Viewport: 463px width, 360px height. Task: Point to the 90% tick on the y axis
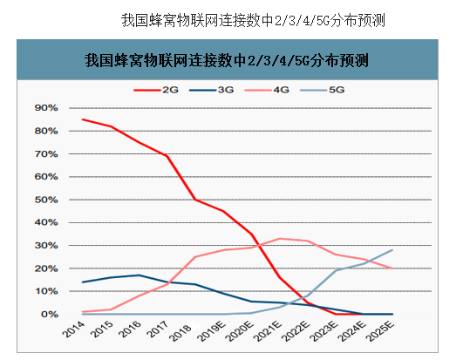tap(45, 108)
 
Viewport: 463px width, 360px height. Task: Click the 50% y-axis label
tap(45, 200)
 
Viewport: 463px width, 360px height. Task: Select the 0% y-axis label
tap(48, 314)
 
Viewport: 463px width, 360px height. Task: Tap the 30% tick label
tap(45, 246)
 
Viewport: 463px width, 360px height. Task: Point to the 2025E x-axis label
tap(385, 334)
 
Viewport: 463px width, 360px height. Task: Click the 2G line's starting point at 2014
tap(82, 119)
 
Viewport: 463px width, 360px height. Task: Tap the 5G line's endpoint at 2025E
tap(392, 250)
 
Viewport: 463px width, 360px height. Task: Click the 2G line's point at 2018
tap(195, 200)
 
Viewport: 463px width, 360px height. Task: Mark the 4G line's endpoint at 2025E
tap(392, 268)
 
